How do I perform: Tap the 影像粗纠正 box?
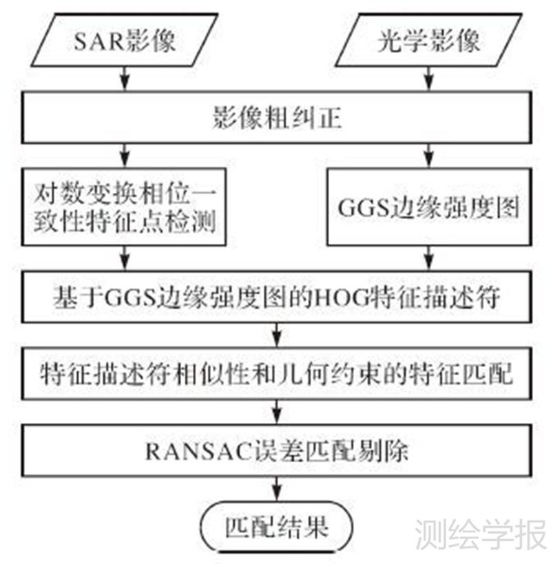[x=275, y=121]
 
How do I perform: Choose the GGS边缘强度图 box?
[x=428, y=207]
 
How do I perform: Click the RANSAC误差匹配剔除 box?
[x=275, y=452]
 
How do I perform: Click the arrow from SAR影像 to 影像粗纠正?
[x=125, y=78]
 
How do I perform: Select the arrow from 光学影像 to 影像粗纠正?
[x=428, y=78]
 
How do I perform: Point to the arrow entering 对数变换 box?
[x=125, y=153]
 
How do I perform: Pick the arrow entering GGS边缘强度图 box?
[x=428, y=153]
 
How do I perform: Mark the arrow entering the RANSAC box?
[x=275, y=414]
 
